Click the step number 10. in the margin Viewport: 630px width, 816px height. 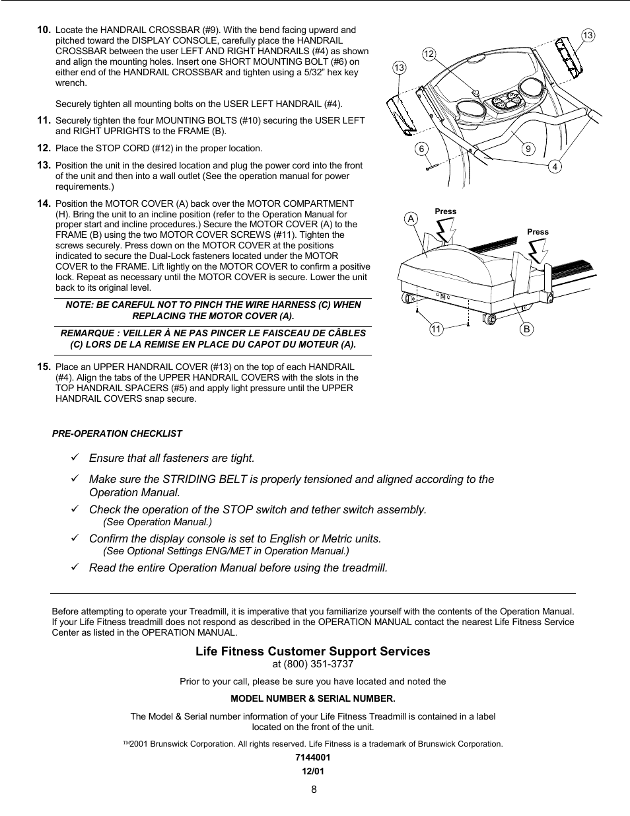44,30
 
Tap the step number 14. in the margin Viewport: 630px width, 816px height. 44,204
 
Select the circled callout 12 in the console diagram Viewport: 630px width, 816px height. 429,54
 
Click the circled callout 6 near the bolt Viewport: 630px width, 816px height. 421,149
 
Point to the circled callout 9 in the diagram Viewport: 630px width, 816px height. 528,149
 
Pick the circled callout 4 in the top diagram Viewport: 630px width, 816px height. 555,167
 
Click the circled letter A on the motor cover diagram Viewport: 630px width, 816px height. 411,219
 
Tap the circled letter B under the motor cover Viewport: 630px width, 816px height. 526,329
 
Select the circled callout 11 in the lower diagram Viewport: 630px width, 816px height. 436,329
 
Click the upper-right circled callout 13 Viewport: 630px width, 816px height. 588,35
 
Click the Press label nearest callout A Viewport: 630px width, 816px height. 446,211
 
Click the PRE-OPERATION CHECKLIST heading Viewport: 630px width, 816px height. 117,433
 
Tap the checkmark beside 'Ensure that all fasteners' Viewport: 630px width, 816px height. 75,457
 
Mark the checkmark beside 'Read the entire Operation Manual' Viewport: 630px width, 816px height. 75,567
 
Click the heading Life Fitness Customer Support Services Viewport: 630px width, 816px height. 312,651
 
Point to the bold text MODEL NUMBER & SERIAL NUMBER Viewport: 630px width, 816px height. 312,698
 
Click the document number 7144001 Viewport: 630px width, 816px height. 313,758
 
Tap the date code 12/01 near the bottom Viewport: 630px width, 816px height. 313,771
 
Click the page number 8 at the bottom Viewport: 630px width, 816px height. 314,789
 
